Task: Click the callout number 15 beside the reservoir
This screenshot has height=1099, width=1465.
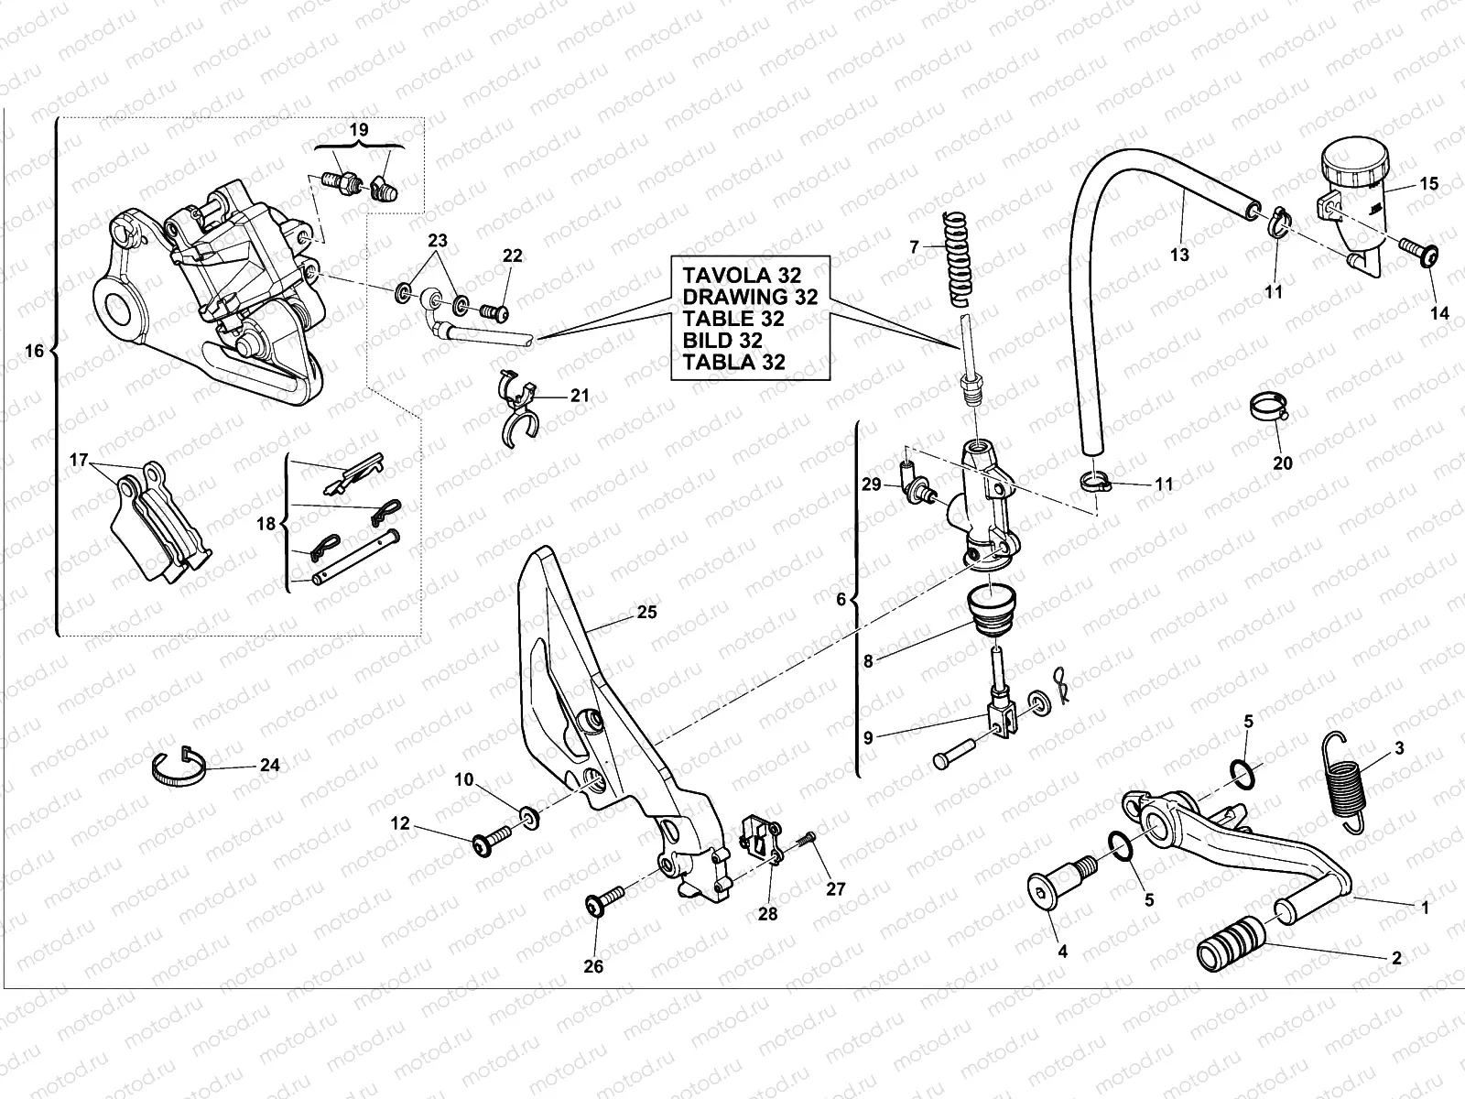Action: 1428,184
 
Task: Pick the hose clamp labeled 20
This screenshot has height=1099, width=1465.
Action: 1268,406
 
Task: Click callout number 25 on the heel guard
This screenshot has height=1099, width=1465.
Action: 646,612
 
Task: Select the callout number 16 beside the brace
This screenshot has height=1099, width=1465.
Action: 34,352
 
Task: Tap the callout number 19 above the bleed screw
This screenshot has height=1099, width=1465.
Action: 359,130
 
